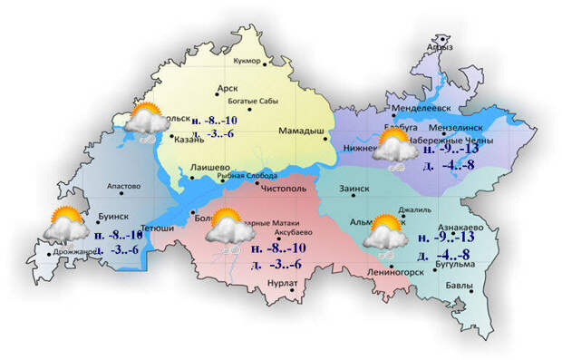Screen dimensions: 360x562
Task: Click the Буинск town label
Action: (x=112, y=216)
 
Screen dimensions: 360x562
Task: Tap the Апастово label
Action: (x=123, y=187)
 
